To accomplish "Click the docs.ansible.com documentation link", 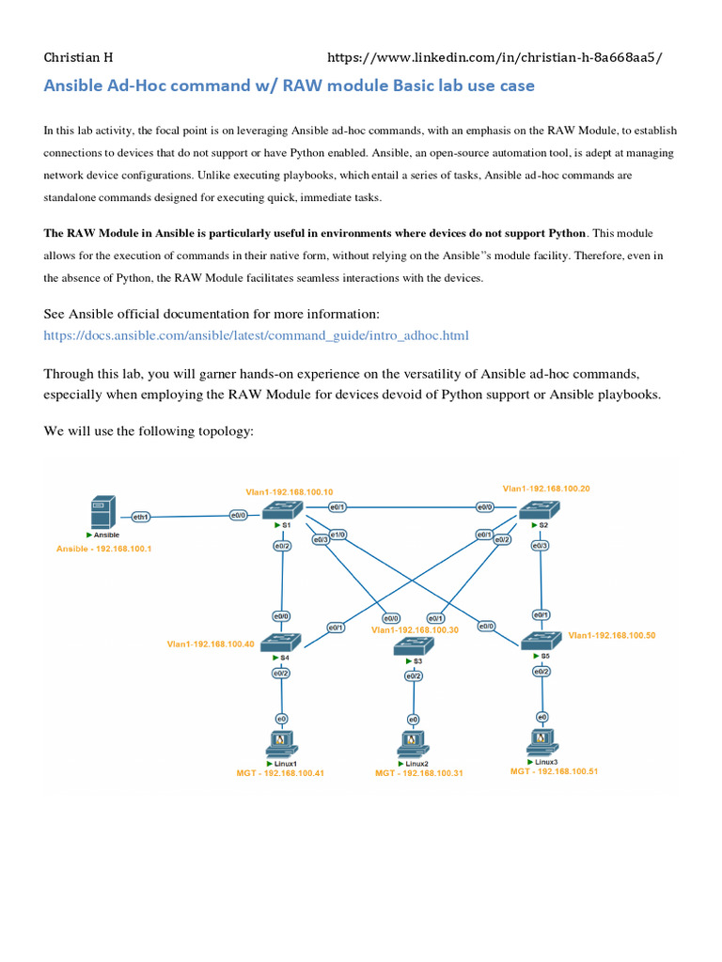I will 256,335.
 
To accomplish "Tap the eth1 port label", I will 142,516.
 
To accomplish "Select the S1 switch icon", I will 282,510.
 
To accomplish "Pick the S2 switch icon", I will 539,510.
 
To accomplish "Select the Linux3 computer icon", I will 541,741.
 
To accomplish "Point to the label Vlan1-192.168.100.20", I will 546,489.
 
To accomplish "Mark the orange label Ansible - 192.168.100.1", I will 104,549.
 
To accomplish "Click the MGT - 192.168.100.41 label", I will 280,773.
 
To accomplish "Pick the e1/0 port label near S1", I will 337,535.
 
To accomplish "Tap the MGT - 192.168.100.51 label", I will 554,770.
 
